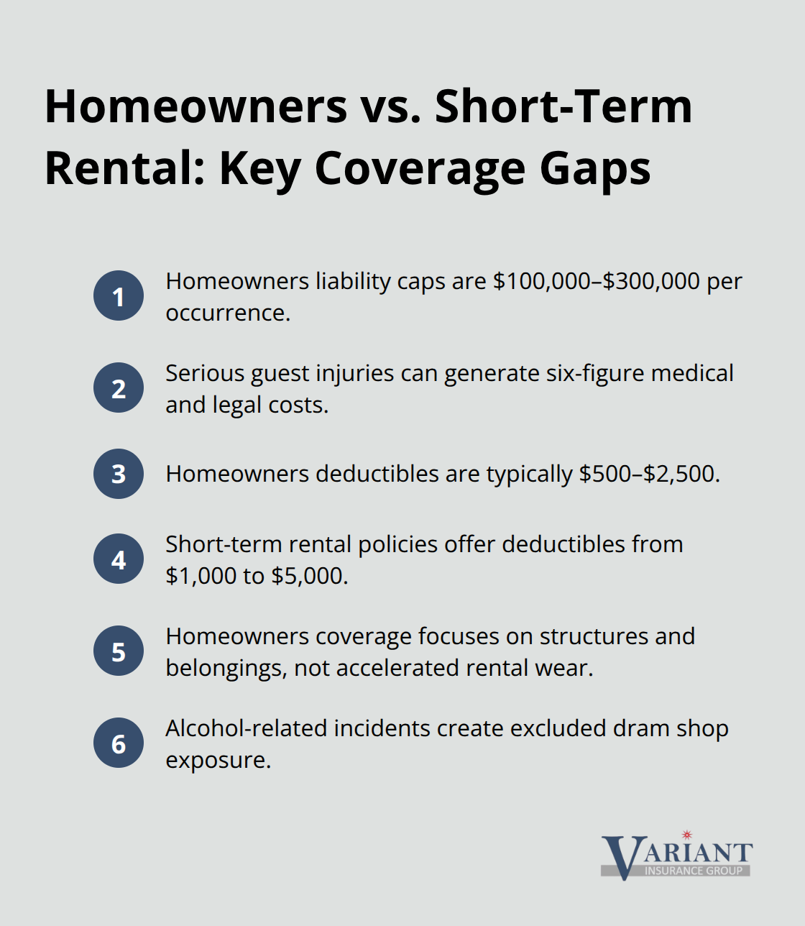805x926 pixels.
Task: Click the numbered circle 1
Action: coord(119,295)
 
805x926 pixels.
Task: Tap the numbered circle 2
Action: coord(119,388)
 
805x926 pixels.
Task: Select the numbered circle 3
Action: coord(119,474)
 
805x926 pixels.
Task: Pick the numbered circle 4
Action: coord(119,559)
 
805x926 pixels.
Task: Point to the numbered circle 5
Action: coord(119,651)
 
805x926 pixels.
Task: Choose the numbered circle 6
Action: coord(119,743)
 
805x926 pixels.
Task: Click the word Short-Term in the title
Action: coord(563,106)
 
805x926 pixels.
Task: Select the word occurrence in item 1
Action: coord(227,313)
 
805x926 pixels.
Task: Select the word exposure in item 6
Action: coord(218,761)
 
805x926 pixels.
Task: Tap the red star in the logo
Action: coord(687,835)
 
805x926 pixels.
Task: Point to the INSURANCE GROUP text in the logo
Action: coord(693,871)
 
